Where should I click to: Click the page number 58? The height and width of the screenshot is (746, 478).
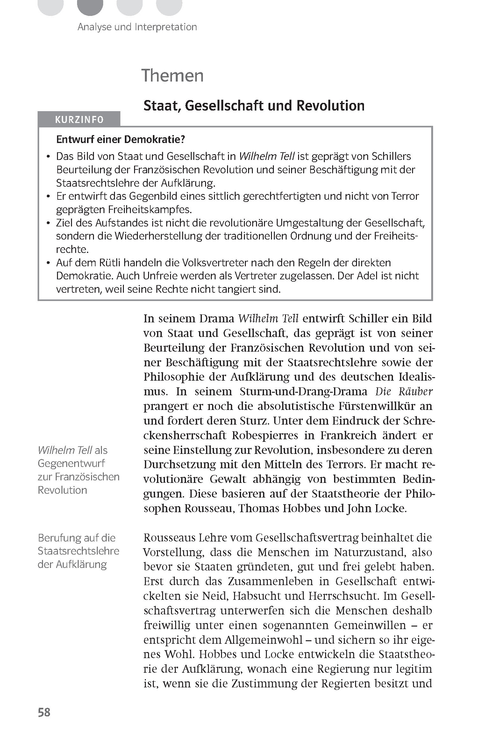44,712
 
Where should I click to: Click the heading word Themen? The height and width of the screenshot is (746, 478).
172,76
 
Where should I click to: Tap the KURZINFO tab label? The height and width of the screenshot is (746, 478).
79,120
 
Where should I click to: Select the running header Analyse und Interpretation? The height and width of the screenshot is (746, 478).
137,27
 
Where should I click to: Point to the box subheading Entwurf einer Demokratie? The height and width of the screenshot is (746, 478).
121,139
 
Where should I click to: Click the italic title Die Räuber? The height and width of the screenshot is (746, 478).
404,391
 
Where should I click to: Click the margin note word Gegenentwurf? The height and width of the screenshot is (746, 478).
71,463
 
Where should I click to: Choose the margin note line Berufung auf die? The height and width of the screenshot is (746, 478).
76,538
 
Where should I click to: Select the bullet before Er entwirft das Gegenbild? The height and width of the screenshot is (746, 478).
48,197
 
